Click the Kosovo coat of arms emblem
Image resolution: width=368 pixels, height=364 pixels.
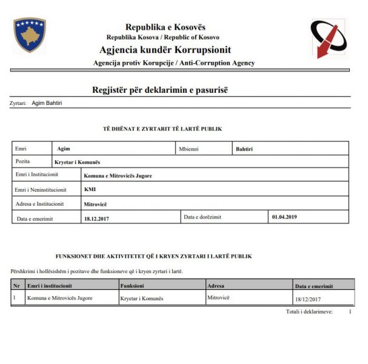(30, 35)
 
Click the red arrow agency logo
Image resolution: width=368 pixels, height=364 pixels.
(328, 38)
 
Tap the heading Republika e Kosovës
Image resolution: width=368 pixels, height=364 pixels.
(165, 27)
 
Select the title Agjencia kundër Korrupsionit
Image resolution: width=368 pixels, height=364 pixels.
(165, 50)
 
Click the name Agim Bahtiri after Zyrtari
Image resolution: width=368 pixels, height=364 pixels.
(47, 103)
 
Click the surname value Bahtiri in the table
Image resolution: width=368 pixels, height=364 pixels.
(245, 148)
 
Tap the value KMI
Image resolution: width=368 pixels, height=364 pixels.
(90, 189)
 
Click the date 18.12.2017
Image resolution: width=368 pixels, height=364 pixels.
(98, 218)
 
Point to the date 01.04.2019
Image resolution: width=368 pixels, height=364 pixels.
(284, 217)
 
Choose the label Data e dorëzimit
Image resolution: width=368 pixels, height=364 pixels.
(202, 217)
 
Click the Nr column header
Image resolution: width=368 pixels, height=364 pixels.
(16, 285)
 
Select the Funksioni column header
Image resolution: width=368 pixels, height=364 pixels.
(132, 285)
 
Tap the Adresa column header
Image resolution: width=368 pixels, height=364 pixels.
(216, 285)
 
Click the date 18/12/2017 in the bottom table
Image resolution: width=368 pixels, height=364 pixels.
(307, 298)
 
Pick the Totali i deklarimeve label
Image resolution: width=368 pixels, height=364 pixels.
(309, 311)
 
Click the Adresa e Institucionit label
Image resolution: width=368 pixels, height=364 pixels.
(40, 204)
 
